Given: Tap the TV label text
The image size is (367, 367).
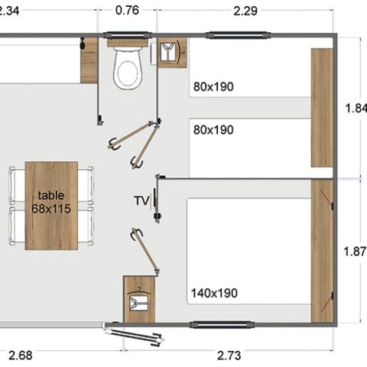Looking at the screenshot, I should coord(141,201).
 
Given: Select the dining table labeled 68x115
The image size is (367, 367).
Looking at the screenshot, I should coord(51,205).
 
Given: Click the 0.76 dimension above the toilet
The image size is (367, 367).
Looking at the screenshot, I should coord(127,11).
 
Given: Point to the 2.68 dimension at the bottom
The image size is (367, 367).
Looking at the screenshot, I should coord(21,354).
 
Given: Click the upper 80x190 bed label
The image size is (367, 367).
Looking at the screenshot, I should coord(213,87).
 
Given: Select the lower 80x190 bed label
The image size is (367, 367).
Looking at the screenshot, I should coord(213,130).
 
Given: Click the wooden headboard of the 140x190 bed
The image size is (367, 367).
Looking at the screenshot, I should coord(322,251).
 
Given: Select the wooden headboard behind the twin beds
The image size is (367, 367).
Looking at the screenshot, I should coord(322,107).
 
